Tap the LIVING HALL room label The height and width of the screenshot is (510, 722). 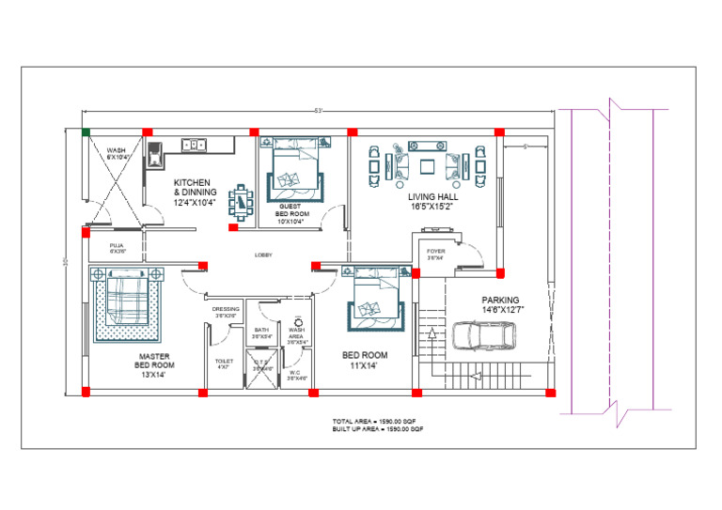point(432,202)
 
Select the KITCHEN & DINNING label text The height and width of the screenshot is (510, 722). point(195,192)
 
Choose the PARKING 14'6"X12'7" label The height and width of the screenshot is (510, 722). point(500,305)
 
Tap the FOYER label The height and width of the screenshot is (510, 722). point(436,254)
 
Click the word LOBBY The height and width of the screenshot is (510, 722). point(264,255)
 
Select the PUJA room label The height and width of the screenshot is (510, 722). point(118,248)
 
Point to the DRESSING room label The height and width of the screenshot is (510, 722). point(226,312)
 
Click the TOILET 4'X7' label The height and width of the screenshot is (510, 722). point(224,363)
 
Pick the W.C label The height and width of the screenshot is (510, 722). point(294,374)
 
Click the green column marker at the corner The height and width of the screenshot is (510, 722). point(86,132)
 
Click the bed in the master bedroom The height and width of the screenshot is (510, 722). point(124,304)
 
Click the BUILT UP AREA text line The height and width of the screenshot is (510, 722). point(377,428)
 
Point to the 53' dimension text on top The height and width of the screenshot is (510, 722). point(320,111)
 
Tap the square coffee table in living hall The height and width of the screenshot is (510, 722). point(428,167)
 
